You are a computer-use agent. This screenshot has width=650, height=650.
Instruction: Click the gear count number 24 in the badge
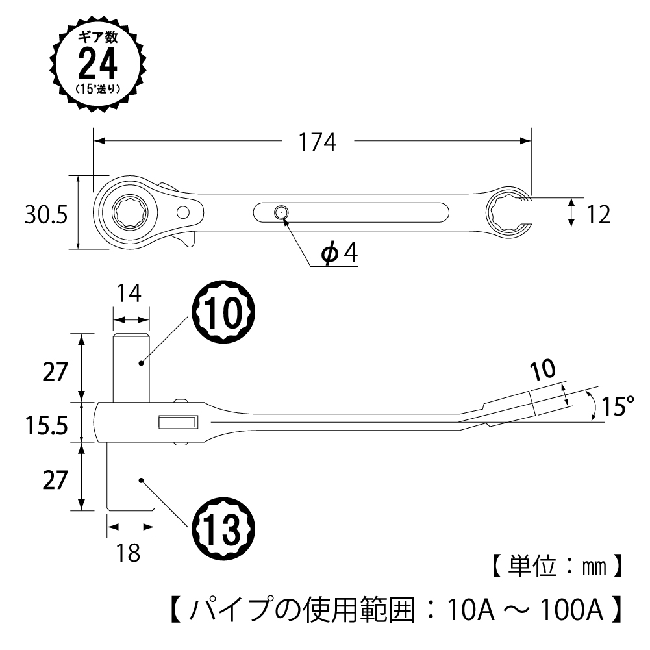pyautogui.click(x=97, y=63)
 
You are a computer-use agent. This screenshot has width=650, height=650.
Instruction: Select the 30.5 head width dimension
pyautogui.click(x=46, y=215)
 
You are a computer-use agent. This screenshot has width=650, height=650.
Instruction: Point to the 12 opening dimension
pyautogui.click(x=597, y=214)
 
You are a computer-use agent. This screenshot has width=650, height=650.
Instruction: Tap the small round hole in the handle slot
pyautogui.click(x=281, y=212)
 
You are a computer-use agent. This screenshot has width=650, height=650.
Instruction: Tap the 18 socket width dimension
pyautogui.click(x=130, y=553)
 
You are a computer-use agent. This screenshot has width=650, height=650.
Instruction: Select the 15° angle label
pyautogui.click(x=616, y=407)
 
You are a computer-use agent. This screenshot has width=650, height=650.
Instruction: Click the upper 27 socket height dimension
pyautogui.click(x=55, y=373)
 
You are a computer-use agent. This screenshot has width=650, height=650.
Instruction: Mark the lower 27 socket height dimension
pyautogui.click(x=55, y=480)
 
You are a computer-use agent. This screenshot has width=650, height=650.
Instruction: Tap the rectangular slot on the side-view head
pyautogui.click(x=178, y=423)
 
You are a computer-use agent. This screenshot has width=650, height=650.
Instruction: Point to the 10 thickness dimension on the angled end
pyautogui.click(x=542, y=370)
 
